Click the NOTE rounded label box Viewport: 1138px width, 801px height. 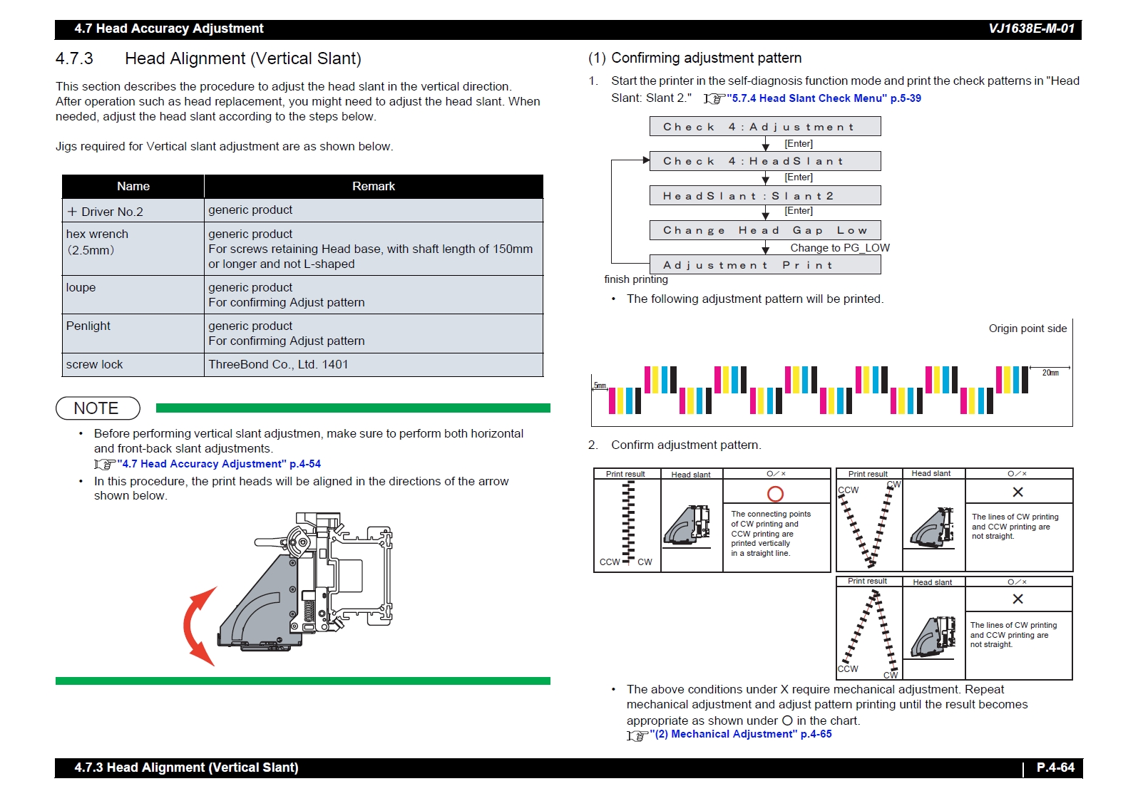coord(98,408)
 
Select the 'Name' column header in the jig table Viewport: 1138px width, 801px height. coord(133,186)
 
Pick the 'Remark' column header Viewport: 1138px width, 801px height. coord(373,186)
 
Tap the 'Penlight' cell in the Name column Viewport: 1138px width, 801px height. coord(88,326)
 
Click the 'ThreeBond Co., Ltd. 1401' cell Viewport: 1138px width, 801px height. coord(278,364)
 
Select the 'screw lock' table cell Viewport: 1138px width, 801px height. coord(95,364)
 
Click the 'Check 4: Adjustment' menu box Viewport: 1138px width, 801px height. coord(764,127)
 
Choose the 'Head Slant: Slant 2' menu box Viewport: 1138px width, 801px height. coord(764,196)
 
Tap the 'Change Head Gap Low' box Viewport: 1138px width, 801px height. coord(764,230)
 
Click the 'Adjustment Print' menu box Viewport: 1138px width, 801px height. coord(764,265)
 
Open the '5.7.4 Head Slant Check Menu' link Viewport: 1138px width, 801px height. coord(824,98)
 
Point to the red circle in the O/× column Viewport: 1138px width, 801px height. coord(775,494)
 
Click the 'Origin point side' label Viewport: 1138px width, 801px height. coord(1027,329)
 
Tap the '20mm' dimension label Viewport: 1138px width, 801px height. coord(1050,373)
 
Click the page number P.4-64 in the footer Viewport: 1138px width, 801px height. coord(1055,768)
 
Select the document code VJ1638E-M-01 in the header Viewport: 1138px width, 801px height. coord(1031,29)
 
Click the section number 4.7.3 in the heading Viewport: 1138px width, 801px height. coord(74,58)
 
